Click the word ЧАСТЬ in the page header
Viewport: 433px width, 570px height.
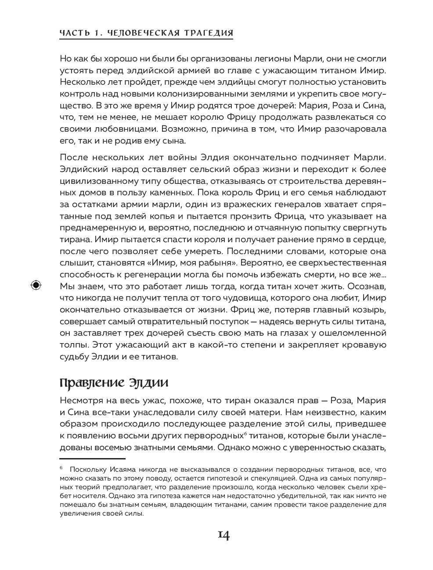pyautogui.click(x=72, y=33)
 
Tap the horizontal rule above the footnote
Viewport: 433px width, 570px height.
pyautogui.click(x=92, y=459)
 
